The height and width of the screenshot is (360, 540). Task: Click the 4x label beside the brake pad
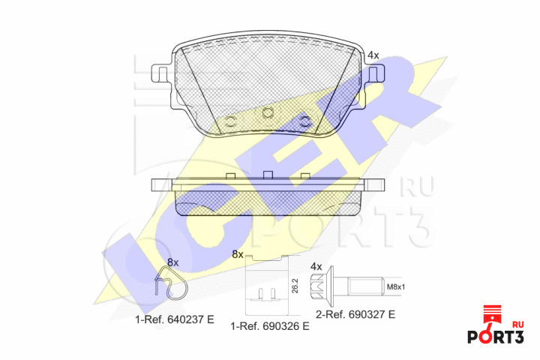(373, 55)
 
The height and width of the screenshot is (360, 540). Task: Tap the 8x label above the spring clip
(173, 262)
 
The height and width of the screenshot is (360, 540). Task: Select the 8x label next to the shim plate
(238, 254)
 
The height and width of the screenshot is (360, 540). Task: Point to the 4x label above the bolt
(316, 266)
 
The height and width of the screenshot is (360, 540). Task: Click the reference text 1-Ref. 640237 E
(175, 319)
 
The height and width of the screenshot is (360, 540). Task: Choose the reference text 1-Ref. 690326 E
(270, 326)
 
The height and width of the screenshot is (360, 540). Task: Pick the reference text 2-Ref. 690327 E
(355, 314)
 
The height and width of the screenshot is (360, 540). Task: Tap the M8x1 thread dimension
(396, 286)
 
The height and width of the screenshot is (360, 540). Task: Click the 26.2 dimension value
(295, 286)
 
